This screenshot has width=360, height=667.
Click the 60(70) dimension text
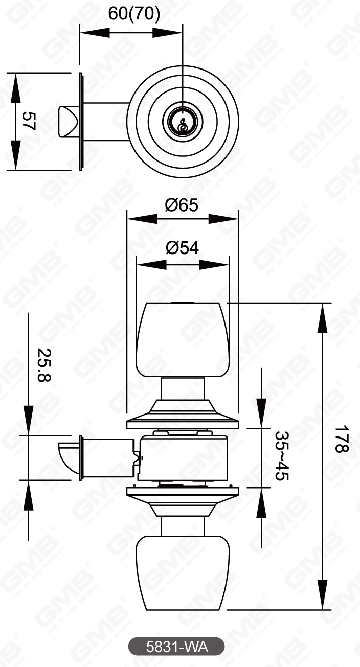click(x=134, y=14)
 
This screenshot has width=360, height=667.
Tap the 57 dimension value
click(x=29, y=122)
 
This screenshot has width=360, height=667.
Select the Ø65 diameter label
click(x=182, y=205)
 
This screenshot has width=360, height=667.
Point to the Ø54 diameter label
click(x=182, y=248)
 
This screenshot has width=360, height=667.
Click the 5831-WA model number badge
click(x=176, y=646)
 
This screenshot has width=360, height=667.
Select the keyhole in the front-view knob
click(x=182, y=123)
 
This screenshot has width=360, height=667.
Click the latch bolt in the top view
click(x=68, y=121)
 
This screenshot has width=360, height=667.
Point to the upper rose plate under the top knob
click(x=183, y=416)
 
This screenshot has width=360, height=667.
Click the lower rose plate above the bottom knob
click(x=183, y=498)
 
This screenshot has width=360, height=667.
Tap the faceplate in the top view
click(x=81, y=122)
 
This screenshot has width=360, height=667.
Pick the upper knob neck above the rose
click(x=183, y=388)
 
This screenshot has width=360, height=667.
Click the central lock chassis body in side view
click(x=183, y=458)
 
